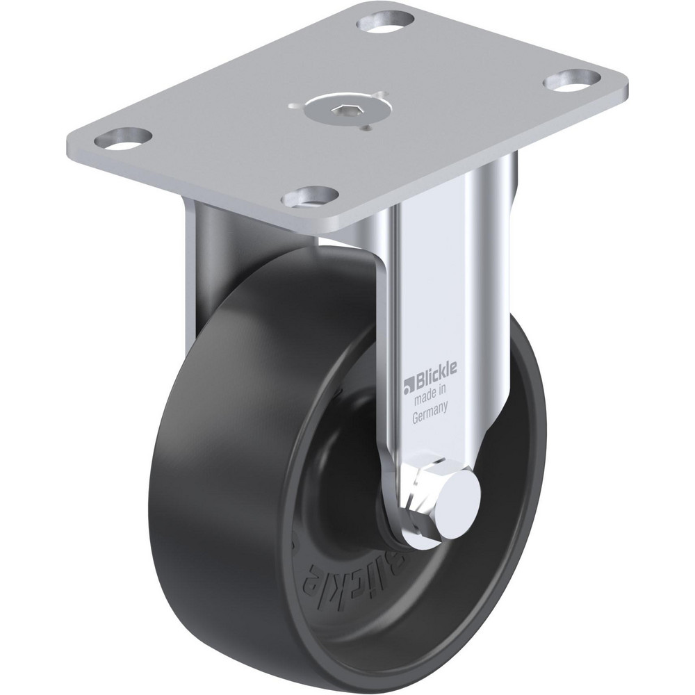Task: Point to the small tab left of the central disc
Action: [297, 106]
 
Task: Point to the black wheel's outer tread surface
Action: [208, 486]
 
